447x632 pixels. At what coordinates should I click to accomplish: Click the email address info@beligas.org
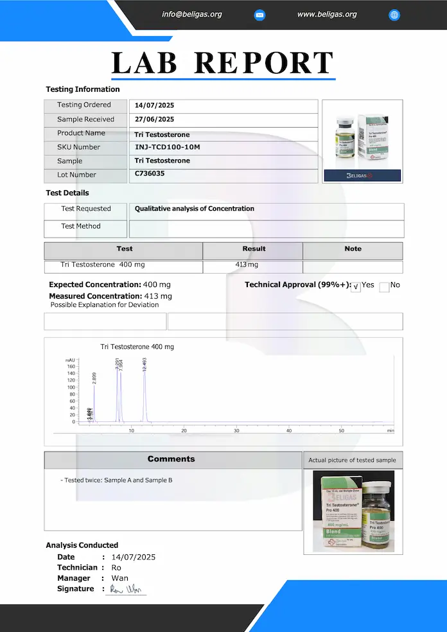click(x=192, y=14)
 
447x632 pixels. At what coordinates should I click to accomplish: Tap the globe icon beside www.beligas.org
click(x=394, y=15)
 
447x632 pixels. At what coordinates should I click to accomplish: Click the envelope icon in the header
click(x=259, y=15)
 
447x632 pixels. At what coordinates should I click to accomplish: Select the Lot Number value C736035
click(x=150, y=173)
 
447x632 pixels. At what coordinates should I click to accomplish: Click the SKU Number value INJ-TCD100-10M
click(x=167, y=147)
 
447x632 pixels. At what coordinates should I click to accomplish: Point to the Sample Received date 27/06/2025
click(x=154, y=119)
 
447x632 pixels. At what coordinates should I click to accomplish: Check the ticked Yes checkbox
click(x=356, y=287)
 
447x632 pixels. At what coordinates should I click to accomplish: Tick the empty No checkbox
click(x=384, y=287)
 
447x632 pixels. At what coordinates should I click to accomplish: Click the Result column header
click(x=254, y=249)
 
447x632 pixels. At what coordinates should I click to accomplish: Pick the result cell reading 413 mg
click(x=247, y=265)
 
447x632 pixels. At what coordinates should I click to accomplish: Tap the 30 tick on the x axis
click(x=236, y=430)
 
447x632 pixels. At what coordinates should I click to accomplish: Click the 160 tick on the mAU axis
click(x=71, y=367)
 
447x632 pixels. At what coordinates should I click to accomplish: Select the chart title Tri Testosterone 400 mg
click(x=137, y=347)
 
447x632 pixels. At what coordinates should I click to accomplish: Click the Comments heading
click(x=171, y=459)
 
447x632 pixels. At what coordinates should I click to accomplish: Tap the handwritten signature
click(x=126, y=589)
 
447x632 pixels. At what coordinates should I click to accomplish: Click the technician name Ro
click(x=116, y=568)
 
